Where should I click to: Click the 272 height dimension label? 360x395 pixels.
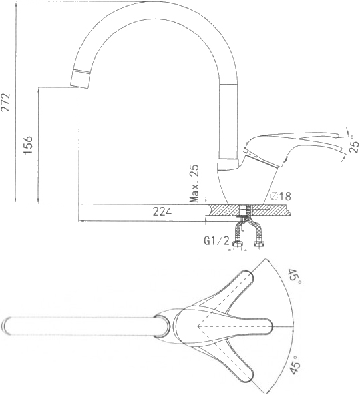[x=5, y=102]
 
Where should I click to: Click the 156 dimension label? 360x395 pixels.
[x=28, y=145]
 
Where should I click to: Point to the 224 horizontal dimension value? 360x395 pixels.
[x=162, y=212]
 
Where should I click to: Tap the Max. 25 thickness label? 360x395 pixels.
[x=194, y=184]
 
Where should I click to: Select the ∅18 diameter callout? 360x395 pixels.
[x=280, y=196]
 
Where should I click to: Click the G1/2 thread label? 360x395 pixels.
[x=216, y=241]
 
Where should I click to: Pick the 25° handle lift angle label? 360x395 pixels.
[x=354, y=144]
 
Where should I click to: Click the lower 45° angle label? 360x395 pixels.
[x=295, y=365]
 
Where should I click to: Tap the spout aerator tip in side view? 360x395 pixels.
[x=80, y=79]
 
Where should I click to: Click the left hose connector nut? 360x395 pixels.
[x=238, y=244]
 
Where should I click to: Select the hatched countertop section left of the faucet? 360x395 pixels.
[x=224, y=210]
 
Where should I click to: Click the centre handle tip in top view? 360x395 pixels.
[x=268, y=326]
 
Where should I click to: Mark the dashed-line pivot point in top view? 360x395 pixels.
[x=198, y=326]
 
